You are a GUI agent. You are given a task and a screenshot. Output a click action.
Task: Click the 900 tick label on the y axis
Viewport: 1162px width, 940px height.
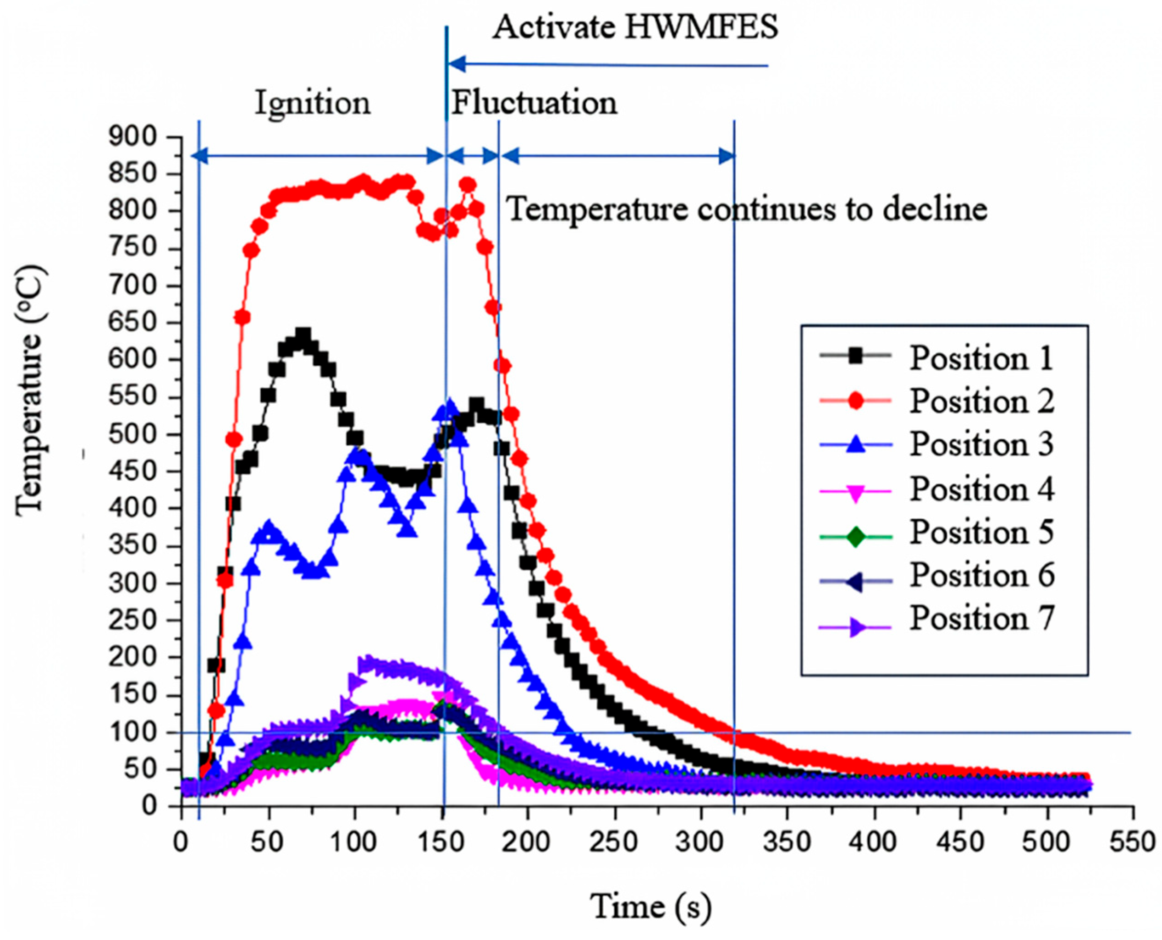pyautogui.click(x=132, y=137)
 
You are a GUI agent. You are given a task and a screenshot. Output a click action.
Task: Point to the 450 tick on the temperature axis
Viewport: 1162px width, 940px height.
pyautogui.click(x=132, y=472)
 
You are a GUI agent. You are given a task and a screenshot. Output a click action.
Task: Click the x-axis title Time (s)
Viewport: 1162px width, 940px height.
pyautogui.click(x=650, y=907)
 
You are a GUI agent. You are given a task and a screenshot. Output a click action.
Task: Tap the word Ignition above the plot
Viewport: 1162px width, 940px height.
pyautogui.click(x=313, y=102)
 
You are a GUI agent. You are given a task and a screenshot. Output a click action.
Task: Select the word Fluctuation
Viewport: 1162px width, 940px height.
pyautogui.click(x=534, y=102)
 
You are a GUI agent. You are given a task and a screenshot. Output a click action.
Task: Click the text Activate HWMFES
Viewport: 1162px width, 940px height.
pyautogui.click(x=634, y=27)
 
